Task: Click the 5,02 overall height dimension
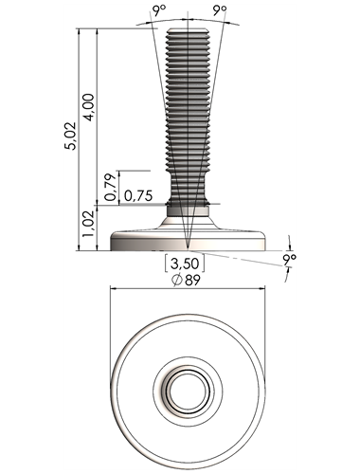click(x=70, y=136)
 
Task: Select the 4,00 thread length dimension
click(x=89, y=107)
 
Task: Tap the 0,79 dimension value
click(x=111, y=188)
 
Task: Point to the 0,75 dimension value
click(x=138, y=196)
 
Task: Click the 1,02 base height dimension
click(x=89, y=224)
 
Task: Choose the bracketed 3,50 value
click(x=185, y=264)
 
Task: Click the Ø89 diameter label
click(x=186, y=280)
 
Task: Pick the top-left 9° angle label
click(x=158, y=11)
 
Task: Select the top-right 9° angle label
click(x=220, y=10)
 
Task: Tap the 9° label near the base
click(x=290, y=260)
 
